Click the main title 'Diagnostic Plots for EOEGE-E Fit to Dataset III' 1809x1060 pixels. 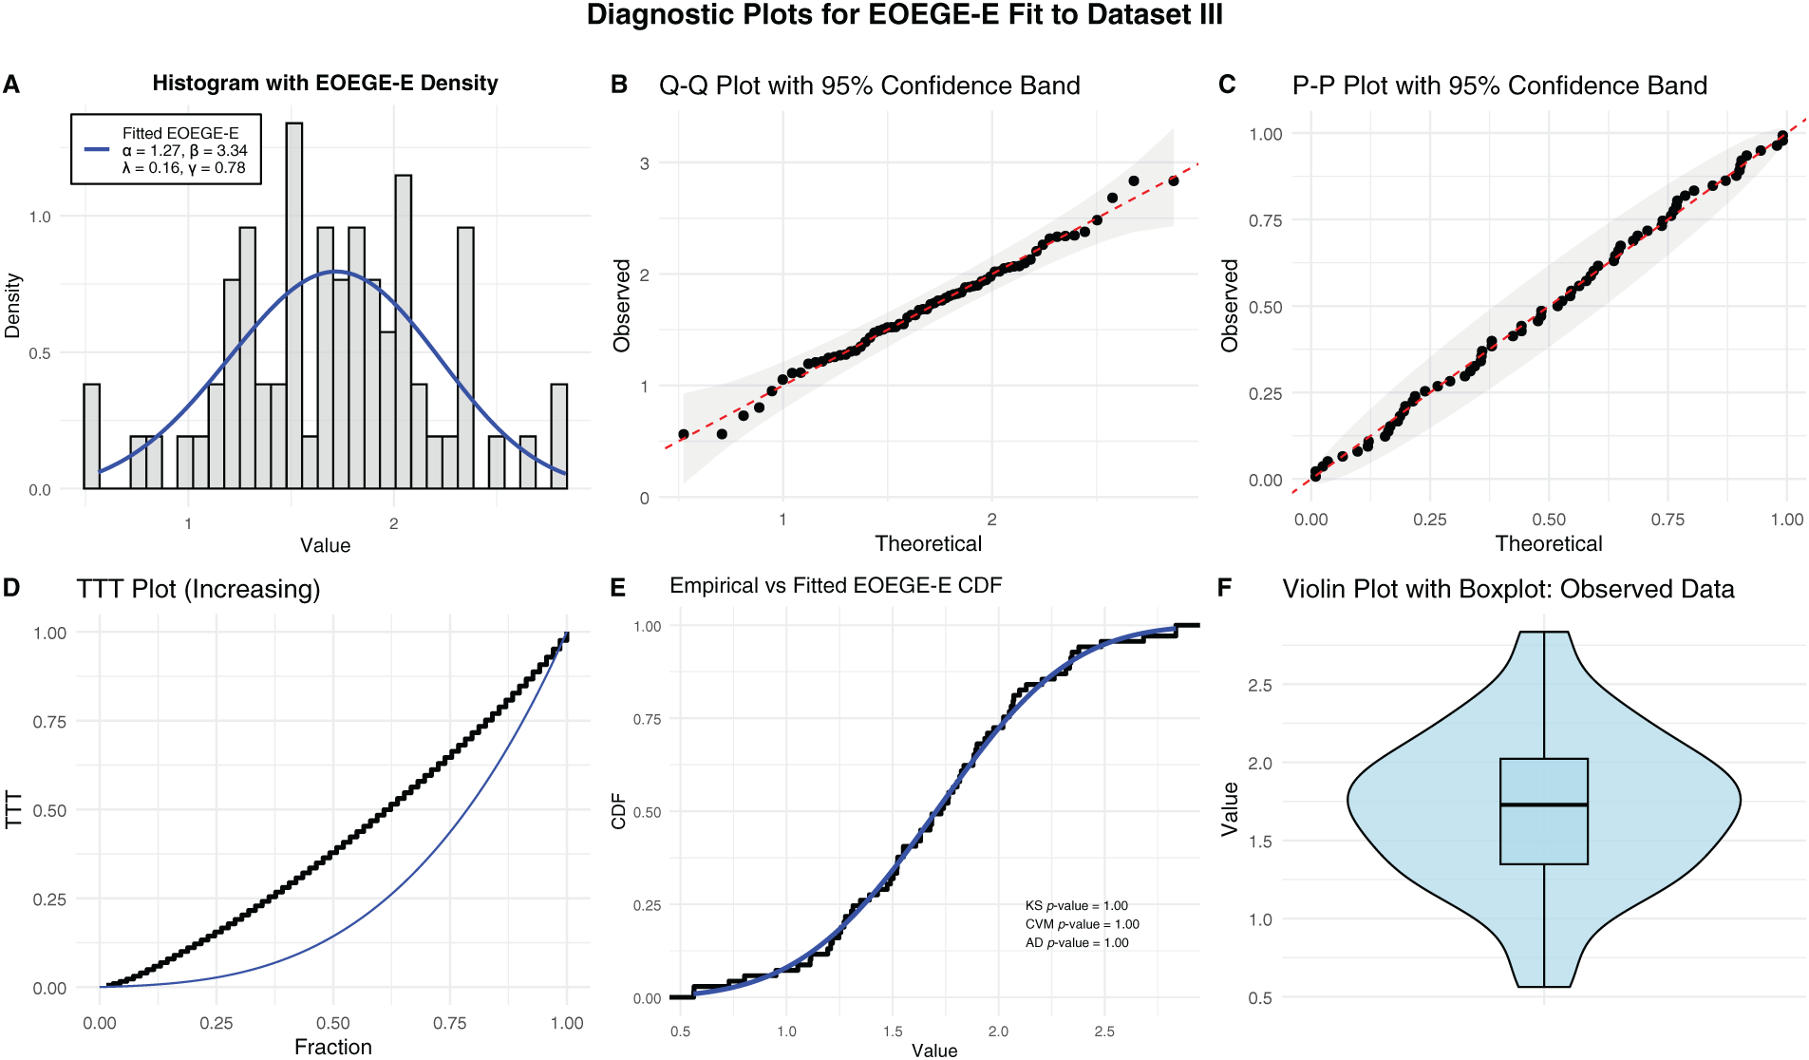(904, 15)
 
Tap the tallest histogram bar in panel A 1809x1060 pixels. (294, 304)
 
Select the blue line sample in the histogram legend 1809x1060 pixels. (97, 150)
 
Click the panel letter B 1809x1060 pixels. (619, 85)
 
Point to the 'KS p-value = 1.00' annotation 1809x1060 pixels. (1077, 906)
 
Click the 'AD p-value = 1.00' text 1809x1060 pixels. (1077, 943)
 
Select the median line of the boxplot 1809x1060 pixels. (1544, 804)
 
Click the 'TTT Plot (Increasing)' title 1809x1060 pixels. (198, 589)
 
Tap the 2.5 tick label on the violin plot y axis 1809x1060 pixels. (1259, 685)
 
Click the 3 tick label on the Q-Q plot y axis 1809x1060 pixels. (645, 163)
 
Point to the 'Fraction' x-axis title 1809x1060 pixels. (332, 1047)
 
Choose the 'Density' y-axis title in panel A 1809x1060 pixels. (12, 306)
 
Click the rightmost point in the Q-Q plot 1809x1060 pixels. (1174, 180)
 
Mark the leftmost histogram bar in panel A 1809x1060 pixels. (91, 437)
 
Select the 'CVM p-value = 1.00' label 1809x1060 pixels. (1082, 924)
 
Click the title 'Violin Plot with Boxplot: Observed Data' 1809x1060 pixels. (1508, 589)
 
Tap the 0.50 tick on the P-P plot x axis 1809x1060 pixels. (1549, 520)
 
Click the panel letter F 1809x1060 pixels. (1225, 589)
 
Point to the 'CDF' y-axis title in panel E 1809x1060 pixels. (619, 811)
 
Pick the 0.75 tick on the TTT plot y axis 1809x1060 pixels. (49, 722)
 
